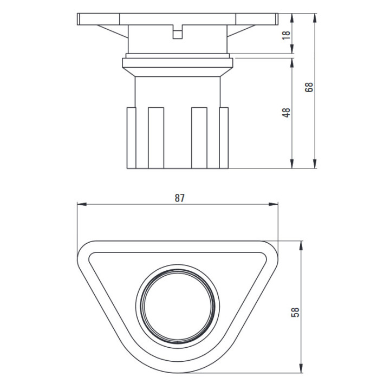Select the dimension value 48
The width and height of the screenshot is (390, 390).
pos(287,113)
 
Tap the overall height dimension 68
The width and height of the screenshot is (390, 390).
pos(309,87)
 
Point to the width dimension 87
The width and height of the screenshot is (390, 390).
pos(179,198)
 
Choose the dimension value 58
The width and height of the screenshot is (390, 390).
pos(295,313)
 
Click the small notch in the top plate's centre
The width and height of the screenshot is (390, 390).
pos(177,34)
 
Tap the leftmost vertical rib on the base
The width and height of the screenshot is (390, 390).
pos(131,138)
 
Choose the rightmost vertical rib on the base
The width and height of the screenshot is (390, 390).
pos(224,138)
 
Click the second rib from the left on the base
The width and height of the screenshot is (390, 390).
pos(156,138)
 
